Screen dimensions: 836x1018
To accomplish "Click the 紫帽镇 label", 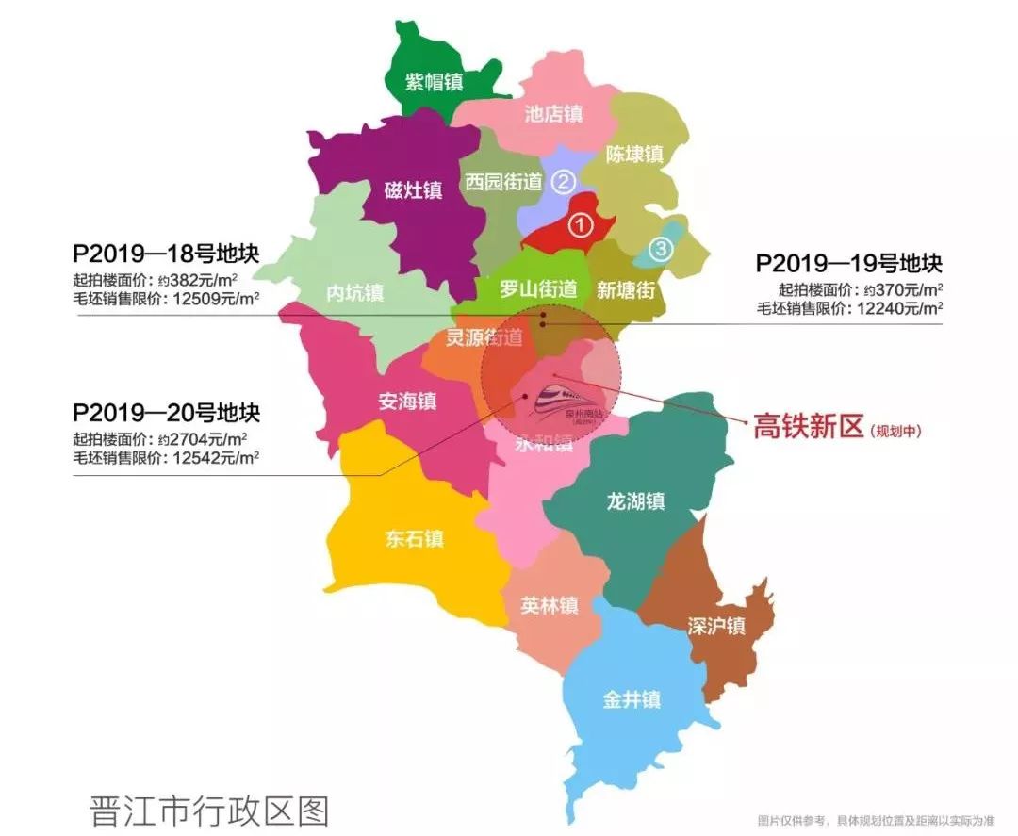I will point(434,82).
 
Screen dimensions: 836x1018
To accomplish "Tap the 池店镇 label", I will point(553,114).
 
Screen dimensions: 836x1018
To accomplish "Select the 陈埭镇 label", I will point(634,154).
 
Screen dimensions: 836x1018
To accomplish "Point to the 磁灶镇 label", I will point(413,190).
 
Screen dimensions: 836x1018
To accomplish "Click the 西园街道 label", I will point(504,182).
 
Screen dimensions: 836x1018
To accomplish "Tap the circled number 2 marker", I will point(563,181).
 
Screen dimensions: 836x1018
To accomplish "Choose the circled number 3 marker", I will point(662,249).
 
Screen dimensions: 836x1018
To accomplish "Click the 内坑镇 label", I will point(354,293).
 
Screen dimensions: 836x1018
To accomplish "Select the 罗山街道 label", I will point(537,290).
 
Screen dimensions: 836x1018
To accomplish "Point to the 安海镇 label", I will point(407,402).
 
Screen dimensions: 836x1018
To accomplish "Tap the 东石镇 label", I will point(414,539).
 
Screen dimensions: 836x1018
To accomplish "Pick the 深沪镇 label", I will point(716,626).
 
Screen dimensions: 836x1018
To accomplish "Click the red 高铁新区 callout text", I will point(808,428).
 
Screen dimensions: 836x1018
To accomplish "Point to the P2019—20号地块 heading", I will point(166,413).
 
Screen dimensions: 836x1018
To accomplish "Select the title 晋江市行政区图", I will point(209,811).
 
